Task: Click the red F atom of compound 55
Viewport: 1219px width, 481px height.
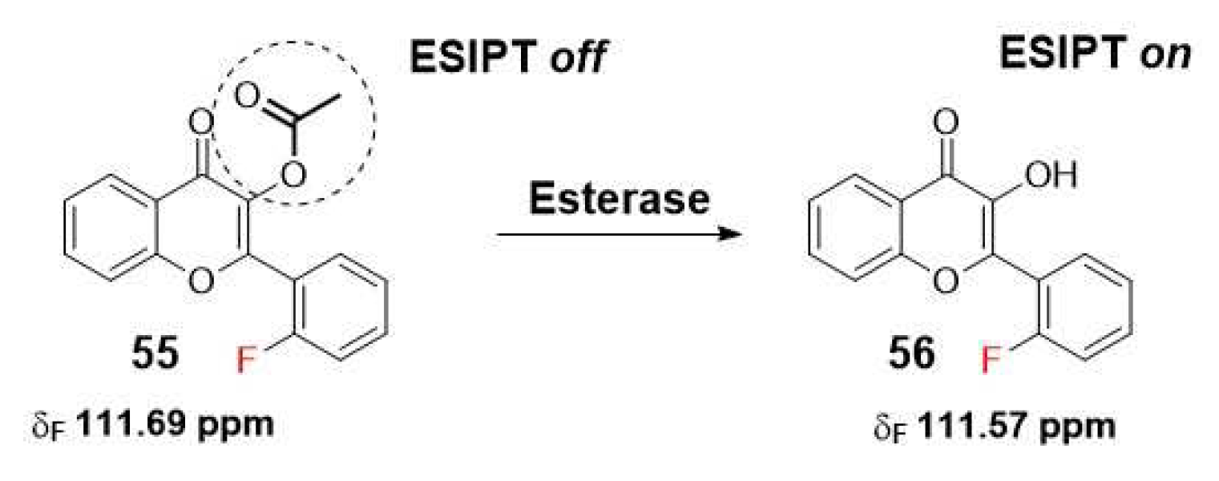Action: (249, 362)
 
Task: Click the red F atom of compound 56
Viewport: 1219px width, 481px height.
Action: (991, 362)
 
